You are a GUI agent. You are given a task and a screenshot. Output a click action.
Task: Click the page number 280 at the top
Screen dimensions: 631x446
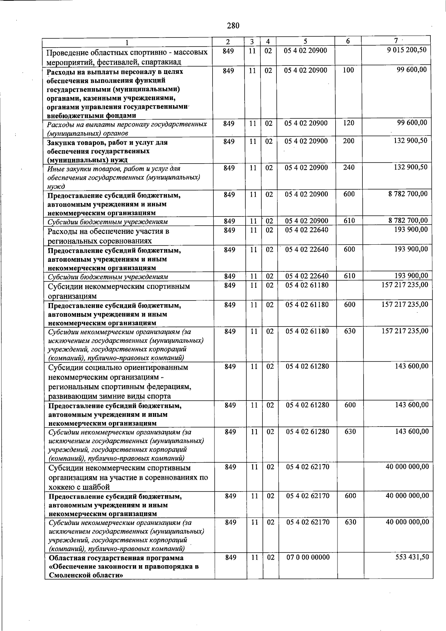click(x=233, y=26)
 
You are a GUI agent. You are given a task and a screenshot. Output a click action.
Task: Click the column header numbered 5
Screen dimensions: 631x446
click(x=305, y=42)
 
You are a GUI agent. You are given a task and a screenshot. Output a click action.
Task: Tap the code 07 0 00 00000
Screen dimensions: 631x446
click(x=308, y=557)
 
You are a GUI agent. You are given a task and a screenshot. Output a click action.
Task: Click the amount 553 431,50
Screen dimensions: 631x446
click(x=412, y=557)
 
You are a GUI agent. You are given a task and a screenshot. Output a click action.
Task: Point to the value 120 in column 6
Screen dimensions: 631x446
click(x=349, y=123)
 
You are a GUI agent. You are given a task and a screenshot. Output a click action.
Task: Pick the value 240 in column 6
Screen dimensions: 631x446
click(x=349, y=168)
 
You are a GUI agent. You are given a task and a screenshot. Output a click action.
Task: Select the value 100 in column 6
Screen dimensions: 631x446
click(x=348, y=70)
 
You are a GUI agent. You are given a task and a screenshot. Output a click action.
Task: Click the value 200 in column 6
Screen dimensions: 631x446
click(x=349, y=141)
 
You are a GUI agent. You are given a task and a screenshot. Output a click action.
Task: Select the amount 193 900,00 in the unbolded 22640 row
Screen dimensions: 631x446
click(x=411, y=230)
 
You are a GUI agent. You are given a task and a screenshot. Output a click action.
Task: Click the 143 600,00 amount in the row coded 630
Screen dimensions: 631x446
click(x=412, y=431)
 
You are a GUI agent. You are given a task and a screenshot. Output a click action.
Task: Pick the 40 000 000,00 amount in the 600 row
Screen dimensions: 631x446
click(x=407, y=496)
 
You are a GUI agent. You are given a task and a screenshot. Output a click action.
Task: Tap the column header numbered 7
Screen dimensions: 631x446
click(x=396, y=41)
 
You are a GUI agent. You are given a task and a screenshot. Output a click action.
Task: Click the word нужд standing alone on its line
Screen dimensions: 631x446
click(x=56, y=187)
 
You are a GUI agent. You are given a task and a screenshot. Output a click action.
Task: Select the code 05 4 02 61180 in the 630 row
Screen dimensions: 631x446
click(x=307, y=331)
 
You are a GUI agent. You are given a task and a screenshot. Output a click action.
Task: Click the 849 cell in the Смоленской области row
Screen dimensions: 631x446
click(x=230, y=557)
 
